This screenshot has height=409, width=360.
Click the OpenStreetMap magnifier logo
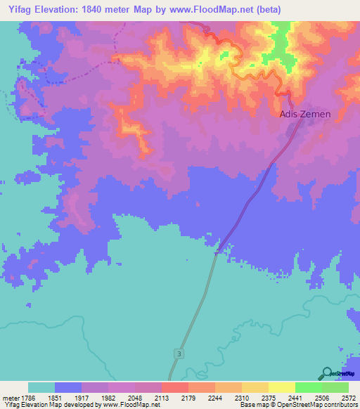pyautogui.click(x=327, y=373)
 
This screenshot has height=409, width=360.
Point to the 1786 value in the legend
pyautogui.click(x=27, y=398)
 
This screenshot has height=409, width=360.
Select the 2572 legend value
pyautogui.click(x=349, y=398)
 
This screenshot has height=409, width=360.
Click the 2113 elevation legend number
pyautogui.click(x=161, y=398)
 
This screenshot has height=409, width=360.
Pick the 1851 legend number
pyautogui.click(x=54, y=398)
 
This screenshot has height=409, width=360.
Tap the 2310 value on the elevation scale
pyautogui.click(x=241, y=398)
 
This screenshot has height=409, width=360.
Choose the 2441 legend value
pyautogui.click(x=295, y=398)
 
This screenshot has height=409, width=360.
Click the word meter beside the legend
pyautogui.click(x=9, y=398)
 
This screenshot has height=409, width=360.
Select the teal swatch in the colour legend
pyautogui.click(x=41, y=387)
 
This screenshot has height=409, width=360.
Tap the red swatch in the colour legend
pyautogui.click(x=174, y=387)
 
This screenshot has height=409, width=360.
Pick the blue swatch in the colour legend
pyautogui.click(x=67, y=387)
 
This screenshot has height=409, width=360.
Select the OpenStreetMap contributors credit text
pyautogui.click(x=316, y=405)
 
